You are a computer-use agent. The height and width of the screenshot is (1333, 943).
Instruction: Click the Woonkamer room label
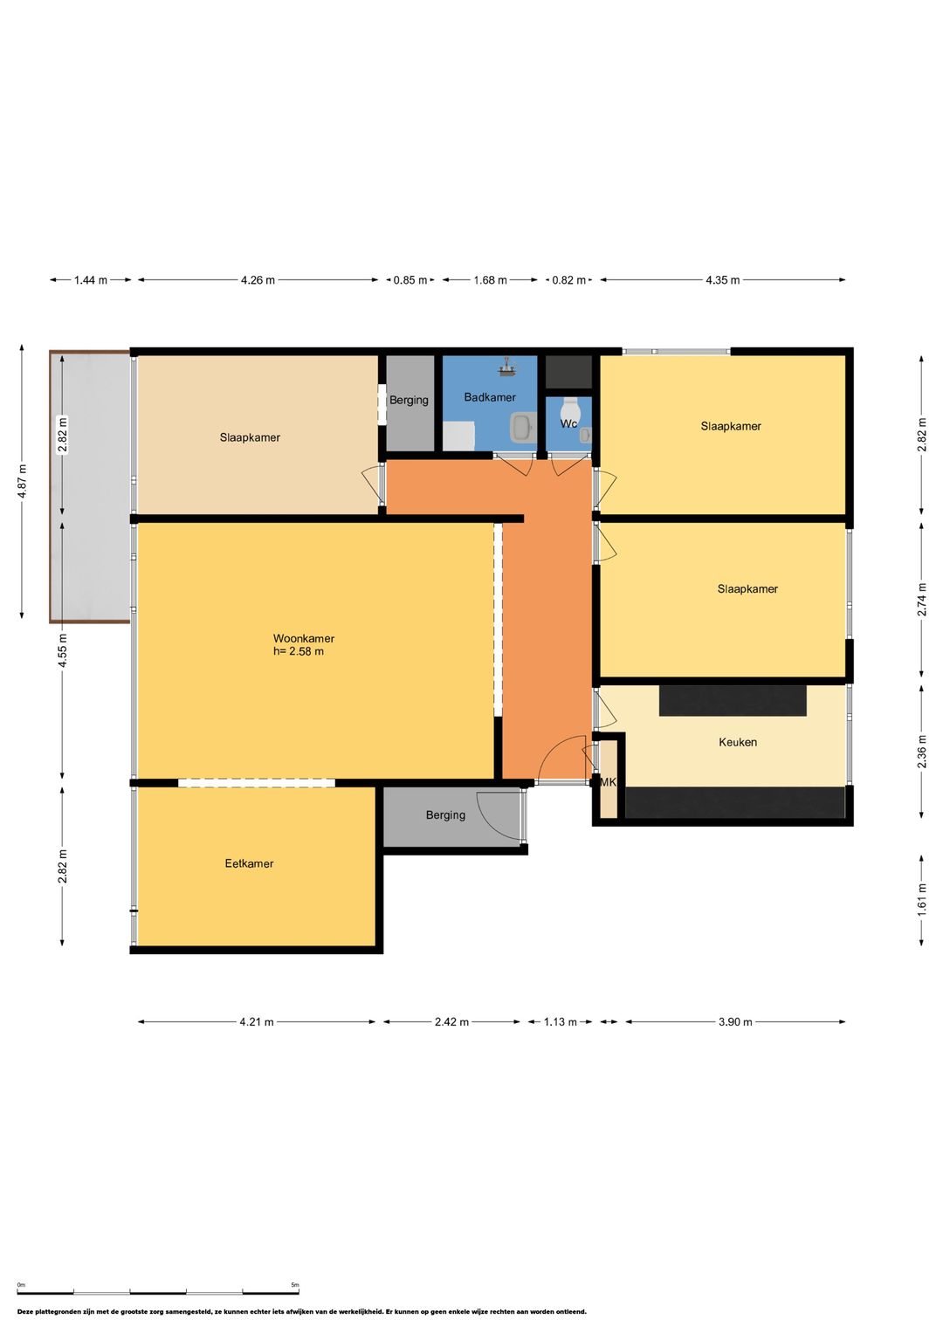(x=304, y=638)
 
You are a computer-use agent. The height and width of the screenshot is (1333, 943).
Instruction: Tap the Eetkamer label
(x=249, y=863)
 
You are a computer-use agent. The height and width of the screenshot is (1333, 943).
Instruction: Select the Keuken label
(x=738, y=742)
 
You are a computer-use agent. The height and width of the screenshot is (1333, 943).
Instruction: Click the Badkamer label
(x=490, y=397)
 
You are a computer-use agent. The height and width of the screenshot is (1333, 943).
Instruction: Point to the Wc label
(x=568, y=423)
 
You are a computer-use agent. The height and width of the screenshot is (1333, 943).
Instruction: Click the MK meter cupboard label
(x=608, y=782)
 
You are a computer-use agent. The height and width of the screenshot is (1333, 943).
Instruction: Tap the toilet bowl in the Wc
(x=569, y=408)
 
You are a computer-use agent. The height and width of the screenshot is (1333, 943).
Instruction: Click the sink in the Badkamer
(x=522, y=426)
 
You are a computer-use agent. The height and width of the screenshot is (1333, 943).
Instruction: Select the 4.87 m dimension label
(x=22, y=481)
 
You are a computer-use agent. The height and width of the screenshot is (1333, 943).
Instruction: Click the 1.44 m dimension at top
(x=91, y=280)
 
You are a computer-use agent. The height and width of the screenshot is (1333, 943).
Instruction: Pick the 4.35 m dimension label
(x=723, y=280)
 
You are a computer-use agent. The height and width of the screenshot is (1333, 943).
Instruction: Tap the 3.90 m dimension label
(x=735, y=1021)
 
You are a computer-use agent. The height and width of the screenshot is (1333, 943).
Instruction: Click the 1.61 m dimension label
(x=921, y=898)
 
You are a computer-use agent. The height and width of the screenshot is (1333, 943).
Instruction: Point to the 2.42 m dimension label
(x=452, y=1021)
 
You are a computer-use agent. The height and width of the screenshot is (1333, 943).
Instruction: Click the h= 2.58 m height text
(x=299, y=651)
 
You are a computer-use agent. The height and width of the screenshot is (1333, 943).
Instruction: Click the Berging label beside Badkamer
(x=409, y=400)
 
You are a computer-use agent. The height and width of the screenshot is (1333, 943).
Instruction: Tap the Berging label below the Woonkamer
(x=445, y=815)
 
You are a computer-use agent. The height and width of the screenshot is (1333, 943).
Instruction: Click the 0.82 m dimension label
(x=568, y=280)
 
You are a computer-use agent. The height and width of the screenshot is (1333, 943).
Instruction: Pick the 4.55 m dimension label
(x=63, y=651)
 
